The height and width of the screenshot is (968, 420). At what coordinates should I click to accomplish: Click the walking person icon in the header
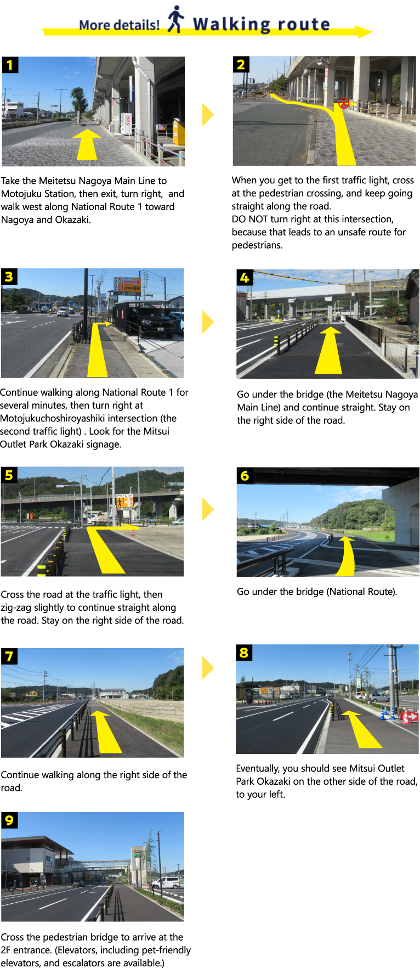pyautogui.click(x=176, y=19)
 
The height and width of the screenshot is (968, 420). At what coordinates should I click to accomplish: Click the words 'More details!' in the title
pyautogui.click(x=120, y=25)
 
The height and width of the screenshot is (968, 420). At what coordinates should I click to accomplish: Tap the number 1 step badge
pyautogui.click(x=10, y=65)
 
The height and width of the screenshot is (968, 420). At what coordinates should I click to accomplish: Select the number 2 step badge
pyautogui.click(x=241, y=64)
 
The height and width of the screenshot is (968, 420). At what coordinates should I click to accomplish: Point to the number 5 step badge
pyautogui.click(x=9, y=475)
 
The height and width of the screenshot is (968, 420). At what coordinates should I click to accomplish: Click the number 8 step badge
pyautogui.click(x=244, y=652)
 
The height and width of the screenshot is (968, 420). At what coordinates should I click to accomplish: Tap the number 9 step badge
pyautogui.click(x=9, y=820)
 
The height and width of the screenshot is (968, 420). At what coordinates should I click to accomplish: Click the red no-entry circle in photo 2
pyautogui.click(x=344, y=103)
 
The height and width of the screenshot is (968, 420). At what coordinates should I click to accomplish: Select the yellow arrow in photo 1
pyautogui.click(x=87, y=144)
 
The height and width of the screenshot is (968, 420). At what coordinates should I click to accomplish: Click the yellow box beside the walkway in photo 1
pyautogui.click(x=179, y=132)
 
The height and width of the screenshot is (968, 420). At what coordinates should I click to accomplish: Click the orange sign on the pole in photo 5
pyautogui.click(x=124, y=501)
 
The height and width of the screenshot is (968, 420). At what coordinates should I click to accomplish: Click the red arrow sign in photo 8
pyautogui.click(x=410, y=716)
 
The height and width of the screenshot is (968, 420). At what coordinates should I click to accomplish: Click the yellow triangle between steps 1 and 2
pyautogui.click(x=208, y=115)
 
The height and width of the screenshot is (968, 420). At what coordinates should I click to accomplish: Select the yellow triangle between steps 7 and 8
pyautogui.click(x=208, y=668)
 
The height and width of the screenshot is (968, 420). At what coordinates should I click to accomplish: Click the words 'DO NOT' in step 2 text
pyautogui.click(x=250, y=219)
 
